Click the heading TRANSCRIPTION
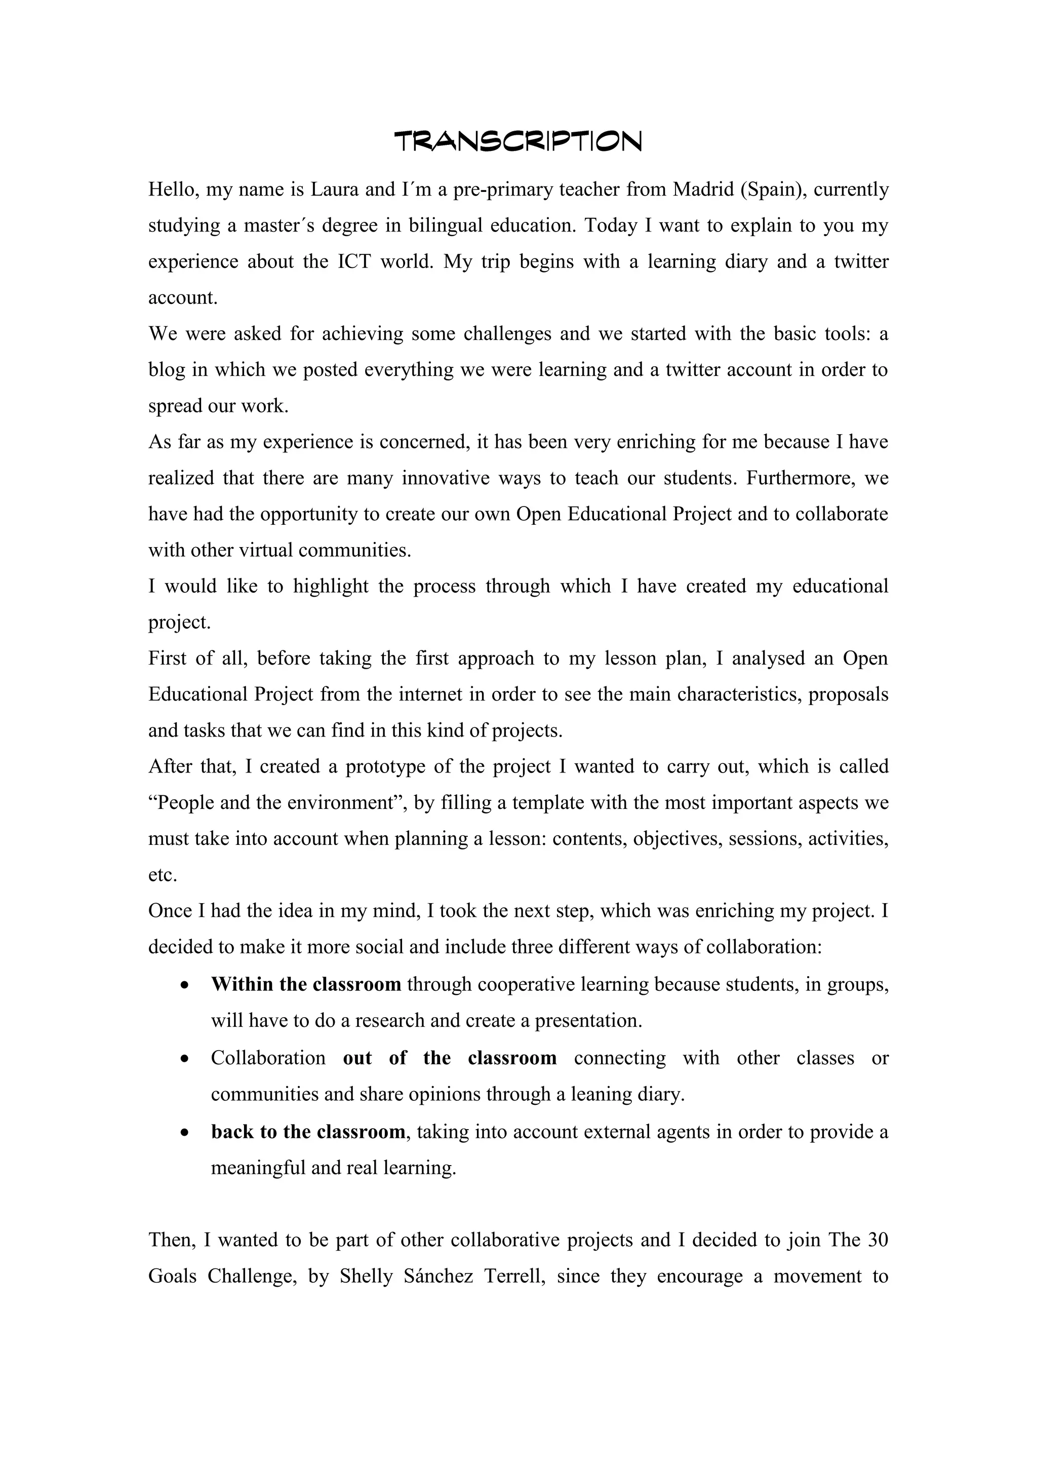[x=518, y=141]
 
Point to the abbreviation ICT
[x=354, y=262]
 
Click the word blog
[x=167, y=370]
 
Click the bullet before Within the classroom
[x=184, y=985]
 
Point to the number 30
[x=878, y=1240]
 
